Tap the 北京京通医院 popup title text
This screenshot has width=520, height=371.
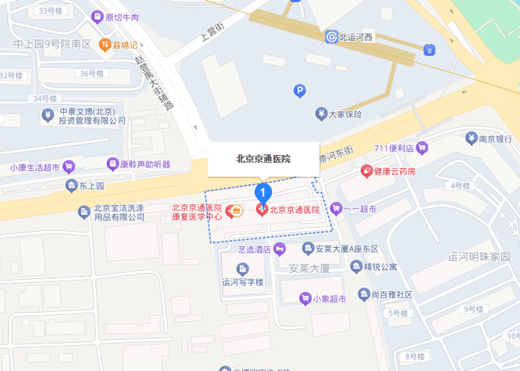[264, 160]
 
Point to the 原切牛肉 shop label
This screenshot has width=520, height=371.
[122, 17]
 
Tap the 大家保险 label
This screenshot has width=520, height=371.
[344, 114]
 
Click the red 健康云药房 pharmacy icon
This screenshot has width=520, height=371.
[367, 171]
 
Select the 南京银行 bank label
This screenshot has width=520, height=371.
[493, 139]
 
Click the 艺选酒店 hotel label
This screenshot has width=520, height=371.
[255, 249]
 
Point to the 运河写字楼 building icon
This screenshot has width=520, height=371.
[242, 268]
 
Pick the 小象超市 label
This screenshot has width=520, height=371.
[329, 298]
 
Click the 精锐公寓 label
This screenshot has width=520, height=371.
[380, 266]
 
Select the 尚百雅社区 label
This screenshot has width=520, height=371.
[391, 294]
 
